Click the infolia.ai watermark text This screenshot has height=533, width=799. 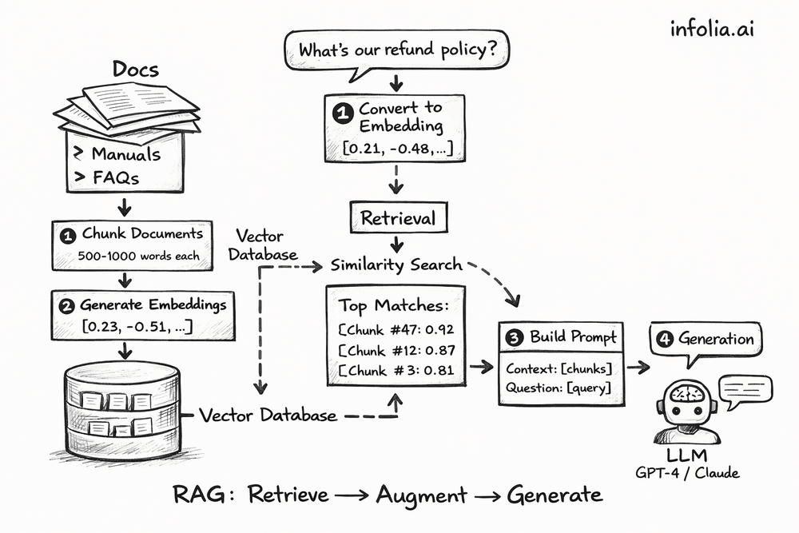(712, 30)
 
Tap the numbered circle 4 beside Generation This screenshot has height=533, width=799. (664, 339)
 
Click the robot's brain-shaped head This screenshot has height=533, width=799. (686, 395)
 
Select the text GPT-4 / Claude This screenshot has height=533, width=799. (688, 472)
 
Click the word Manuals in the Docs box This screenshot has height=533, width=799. (125, 154)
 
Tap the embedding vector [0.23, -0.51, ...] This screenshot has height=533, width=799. (137, 325)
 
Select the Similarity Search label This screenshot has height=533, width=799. (396, 265)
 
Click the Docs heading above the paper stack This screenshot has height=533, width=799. (135, 70)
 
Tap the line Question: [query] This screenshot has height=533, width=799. (559, 388)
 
